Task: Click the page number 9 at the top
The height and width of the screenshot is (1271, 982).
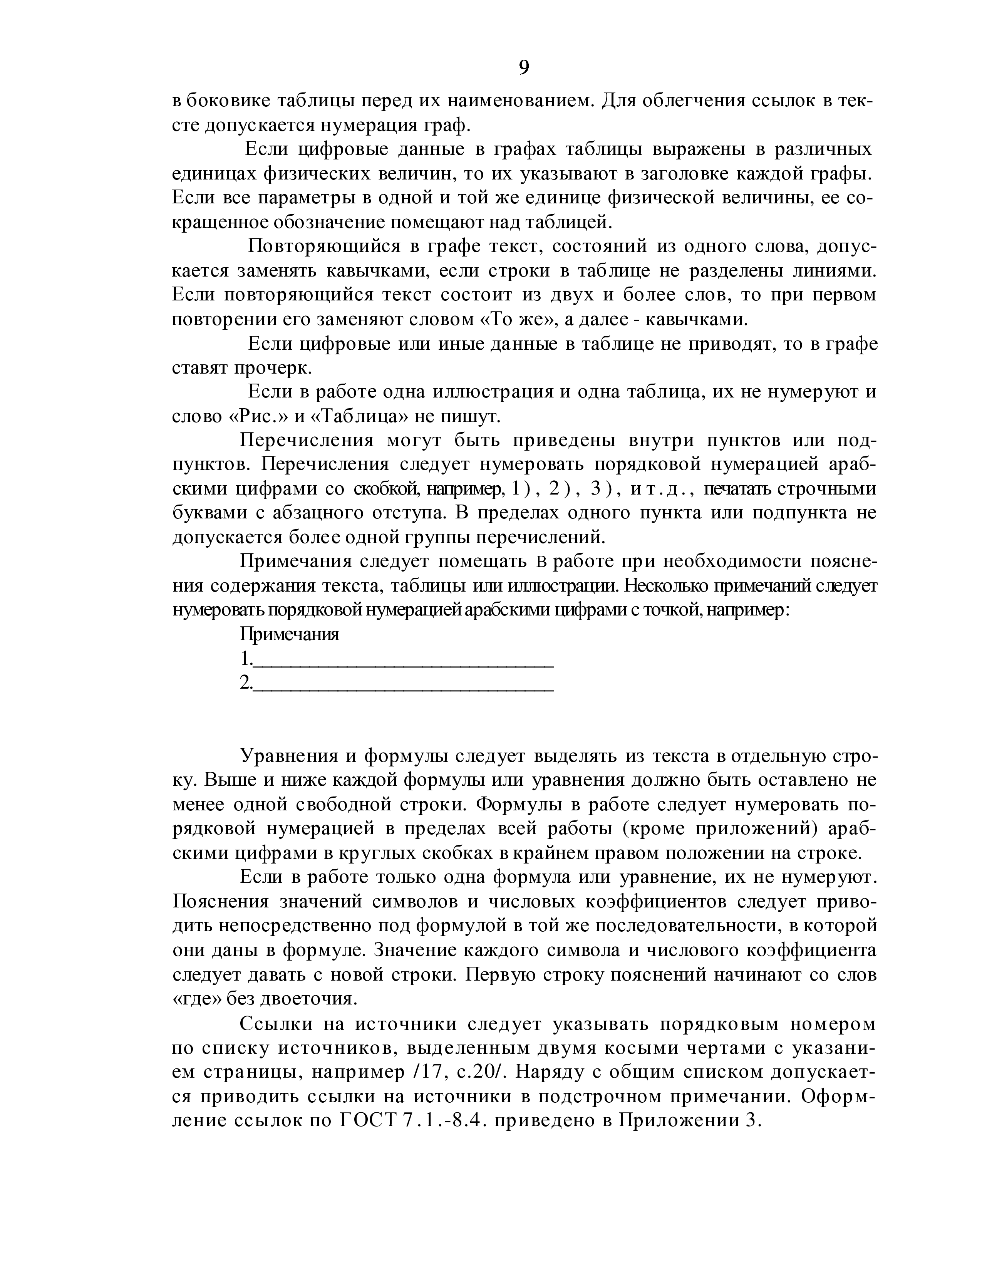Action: tap(524, 68)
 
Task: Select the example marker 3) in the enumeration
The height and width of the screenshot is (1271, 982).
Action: tap(601, 490)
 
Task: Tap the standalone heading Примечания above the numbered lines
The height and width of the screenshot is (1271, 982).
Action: tap(289, 634)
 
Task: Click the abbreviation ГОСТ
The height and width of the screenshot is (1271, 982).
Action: tap(366, 1120)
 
